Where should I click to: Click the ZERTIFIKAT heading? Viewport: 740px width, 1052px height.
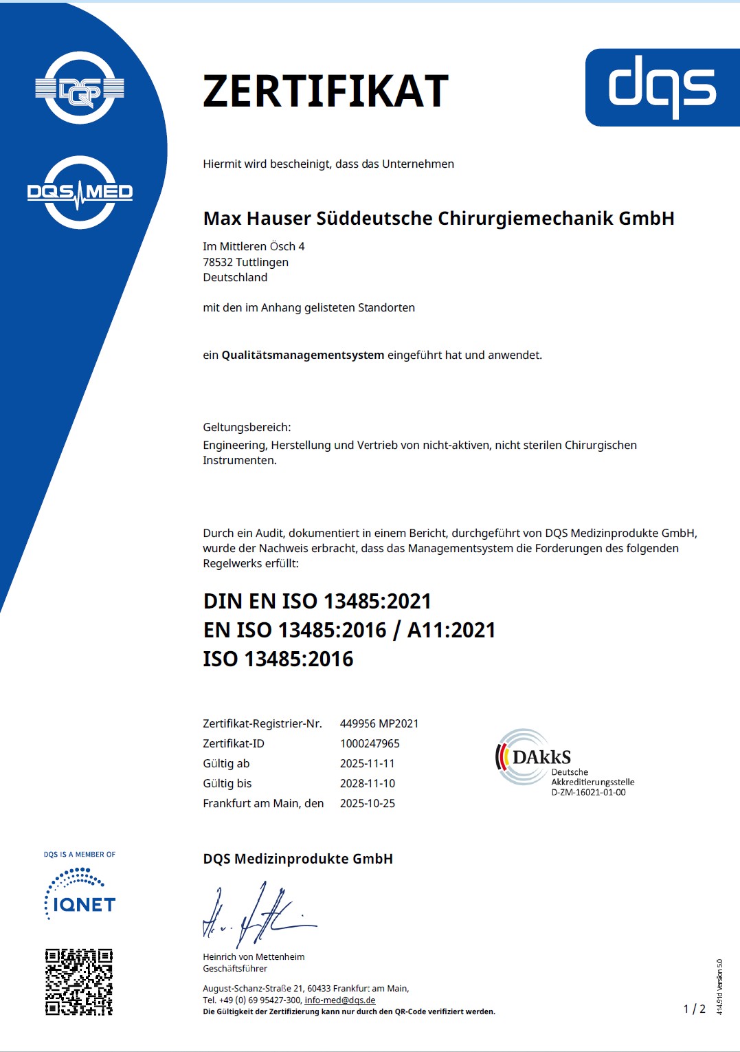tap(326, 91)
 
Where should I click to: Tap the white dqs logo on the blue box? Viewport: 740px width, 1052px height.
tap(662, 87)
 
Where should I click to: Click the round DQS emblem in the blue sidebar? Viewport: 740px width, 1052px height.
tap(80, 88)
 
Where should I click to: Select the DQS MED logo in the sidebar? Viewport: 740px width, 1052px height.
tap(80, 192)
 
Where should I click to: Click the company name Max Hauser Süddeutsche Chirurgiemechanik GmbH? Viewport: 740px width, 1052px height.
tap(438, 219)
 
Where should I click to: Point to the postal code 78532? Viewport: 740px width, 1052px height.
tap(218, 262)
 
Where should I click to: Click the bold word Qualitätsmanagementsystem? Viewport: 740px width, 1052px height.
tap(302, 355)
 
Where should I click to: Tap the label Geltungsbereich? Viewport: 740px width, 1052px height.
tap(247, 427)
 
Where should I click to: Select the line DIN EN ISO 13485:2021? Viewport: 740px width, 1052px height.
tap(317, 601)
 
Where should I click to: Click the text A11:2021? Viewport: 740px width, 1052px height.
tap(451, 630)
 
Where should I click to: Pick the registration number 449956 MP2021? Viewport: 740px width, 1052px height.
tap(379, 723)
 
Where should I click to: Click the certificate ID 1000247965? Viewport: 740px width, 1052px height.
tap(370, 743)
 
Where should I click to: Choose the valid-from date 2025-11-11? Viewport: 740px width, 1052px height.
tap(367, 763)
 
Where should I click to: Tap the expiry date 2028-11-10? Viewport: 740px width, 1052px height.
tap(367, 783)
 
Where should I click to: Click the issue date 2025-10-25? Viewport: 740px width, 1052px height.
tap(367, 803)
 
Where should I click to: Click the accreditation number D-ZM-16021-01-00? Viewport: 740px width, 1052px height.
tap(588, 793)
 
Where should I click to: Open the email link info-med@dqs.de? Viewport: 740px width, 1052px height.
tap(339, 1000)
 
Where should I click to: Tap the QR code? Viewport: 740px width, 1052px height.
tap(79, 982)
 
